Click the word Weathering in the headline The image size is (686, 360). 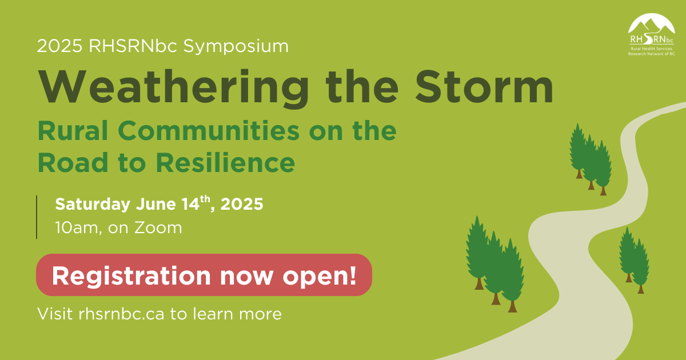pyautogui.click(x=173, y=88)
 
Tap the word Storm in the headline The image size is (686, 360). pyautogui.click(x=484, y=87)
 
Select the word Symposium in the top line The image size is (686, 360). pyautogui.click(x=236, y=46)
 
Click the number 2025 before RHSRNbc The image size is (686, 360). pyautogui.click(x=59, y=46)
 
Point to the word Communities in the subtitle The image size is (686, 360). pyautogui.click(x=209, y=130)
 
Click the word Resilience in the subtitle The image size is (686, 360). pyautogui.click(x=225, y=162)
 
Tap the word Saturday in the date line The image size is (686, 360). pyautogui.click(x=93, y=205)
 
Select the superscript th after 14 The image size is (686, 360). pyautogui.click(x=205, y=199)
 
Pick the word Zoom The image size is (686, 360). pyautogui.click(x=158, y=228)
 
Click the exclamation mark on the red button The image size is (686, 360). pyautogui.click(x=353, y=275)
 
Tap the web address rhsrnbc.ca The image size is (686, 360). pyautogui.click(x=121, y=314)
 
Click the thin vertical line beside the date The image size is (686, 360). pyautogui.click(x=37, y=217)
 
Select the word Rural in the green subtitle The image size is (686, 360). pyautogui.click(x=73, y=130)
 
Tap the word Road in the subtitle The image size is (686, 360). pyautogui.click(x=73, y=162)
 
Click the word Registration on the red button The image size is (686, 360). pyautogui.click(x=131, y=276)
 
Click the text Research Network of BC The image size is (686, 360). pyautogui.click(x=651, y=54)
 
